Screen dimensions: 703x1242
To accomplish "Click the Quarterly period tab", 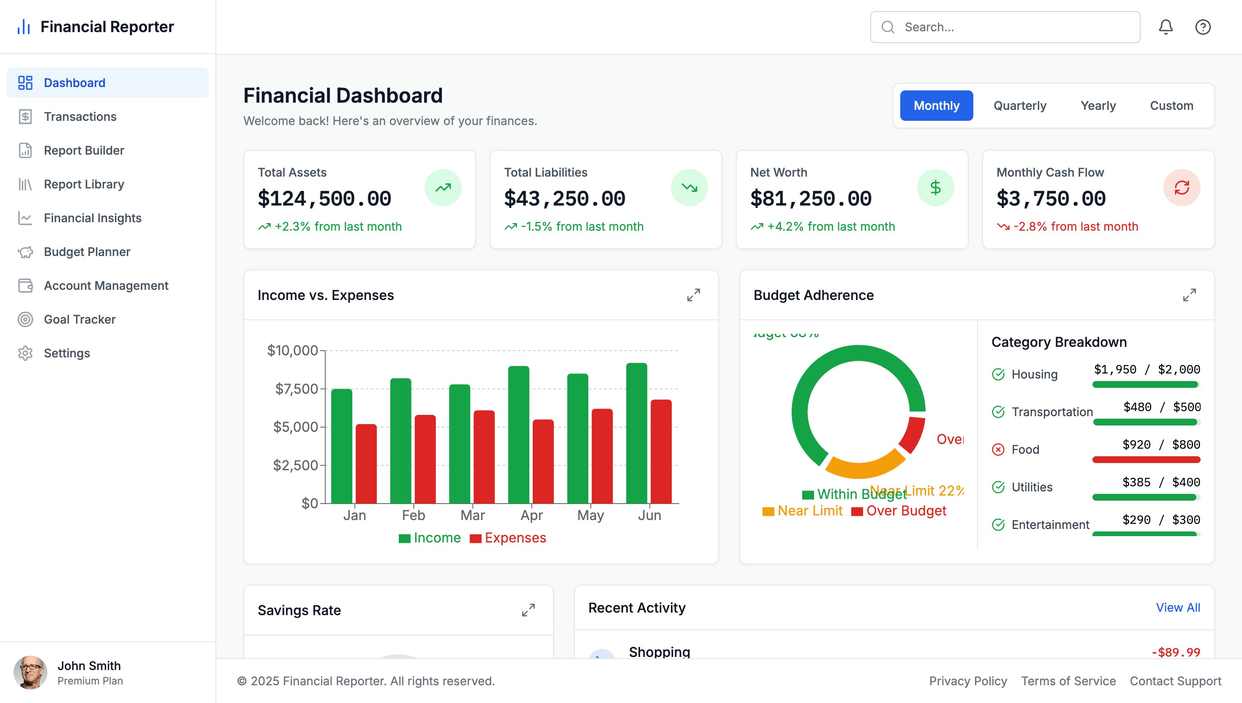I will pos(1019,106).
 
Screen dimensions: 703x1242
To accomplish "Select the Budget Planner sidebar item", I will pos(87,251).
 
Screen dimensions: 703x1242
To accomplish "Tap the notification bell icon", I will pos(1165,27).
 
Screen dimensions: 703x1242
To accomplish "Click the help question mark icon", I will pos(1202,27).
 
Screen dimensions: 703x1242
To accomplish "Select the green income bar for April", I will pos(518,435).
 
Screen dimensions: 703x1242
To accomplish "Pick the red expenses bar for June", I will pos(661,452).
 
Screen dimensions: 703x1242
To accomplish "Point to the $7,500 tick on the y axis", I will pos(297,389).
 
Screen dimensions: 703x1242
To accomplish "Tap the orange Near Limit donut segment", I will pos(864,466).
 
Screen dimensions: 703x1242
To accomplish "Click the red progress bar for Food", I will pos(1146,460).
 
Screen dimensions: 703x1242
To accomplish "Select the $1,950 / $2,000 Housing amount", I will pos(1147,369).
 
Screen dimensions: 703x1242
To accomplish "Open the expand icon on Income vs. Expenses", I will pos(693,295).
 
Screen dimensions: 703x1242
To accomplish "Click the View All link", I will pos(1177,608).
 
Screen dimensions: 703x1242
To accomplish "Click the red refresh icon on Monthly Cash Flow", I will pos(1181,187).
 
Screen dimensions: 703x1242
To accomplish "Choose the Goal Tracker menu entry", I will pos(80,319).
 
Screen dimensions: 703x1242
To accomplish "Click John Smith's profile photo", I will pos(30,672).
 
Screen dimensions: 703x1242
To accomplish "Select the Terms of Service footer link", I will pos(1068,681).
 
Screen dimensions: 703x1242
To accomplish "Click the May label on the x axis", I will pos(590,515).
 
